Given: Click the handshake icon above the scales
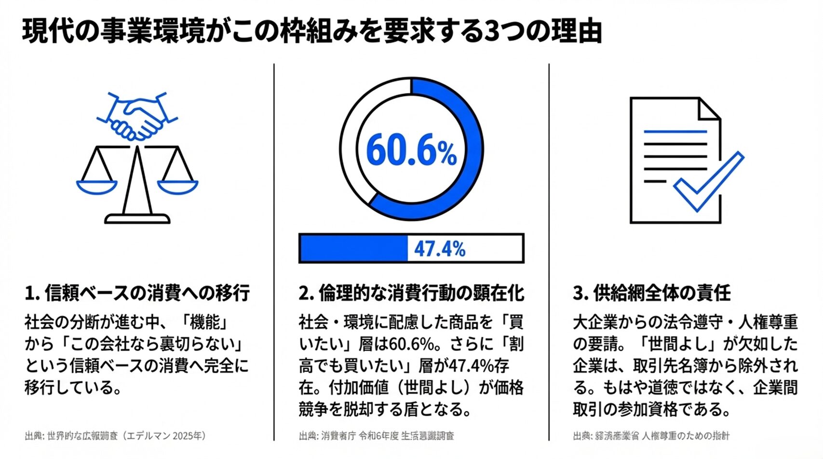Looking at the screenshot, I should click(137, 117).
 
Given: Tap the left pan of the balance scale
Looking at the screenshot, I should click(97, 186).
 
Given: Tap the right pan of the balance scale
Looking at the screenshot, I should click(178, 186).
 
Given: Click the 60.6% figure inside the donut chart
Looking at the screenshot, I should click(411, 151).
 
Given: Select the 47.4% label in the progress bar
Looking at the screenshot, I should click(440, 249).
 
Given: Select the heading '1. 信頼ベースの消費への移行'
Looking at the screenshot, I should click(137, 293).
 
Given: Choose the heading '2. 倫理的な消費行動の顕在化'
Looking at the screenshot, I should click(411, 293).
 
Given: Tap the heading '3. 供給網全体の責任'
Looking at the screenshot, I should click(652, 293).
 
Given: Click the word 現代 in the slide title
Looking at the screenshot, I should click(41, 32).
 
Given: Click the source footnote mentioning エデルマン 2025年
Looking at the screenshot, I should click(116, 436).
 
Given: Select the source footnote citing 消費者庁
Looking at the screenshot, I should click(377, 436).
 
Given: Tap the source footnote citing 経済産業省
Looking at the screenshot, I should click(651, 436).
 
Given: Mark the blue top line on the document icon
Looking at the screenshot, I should click(675, 131).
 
